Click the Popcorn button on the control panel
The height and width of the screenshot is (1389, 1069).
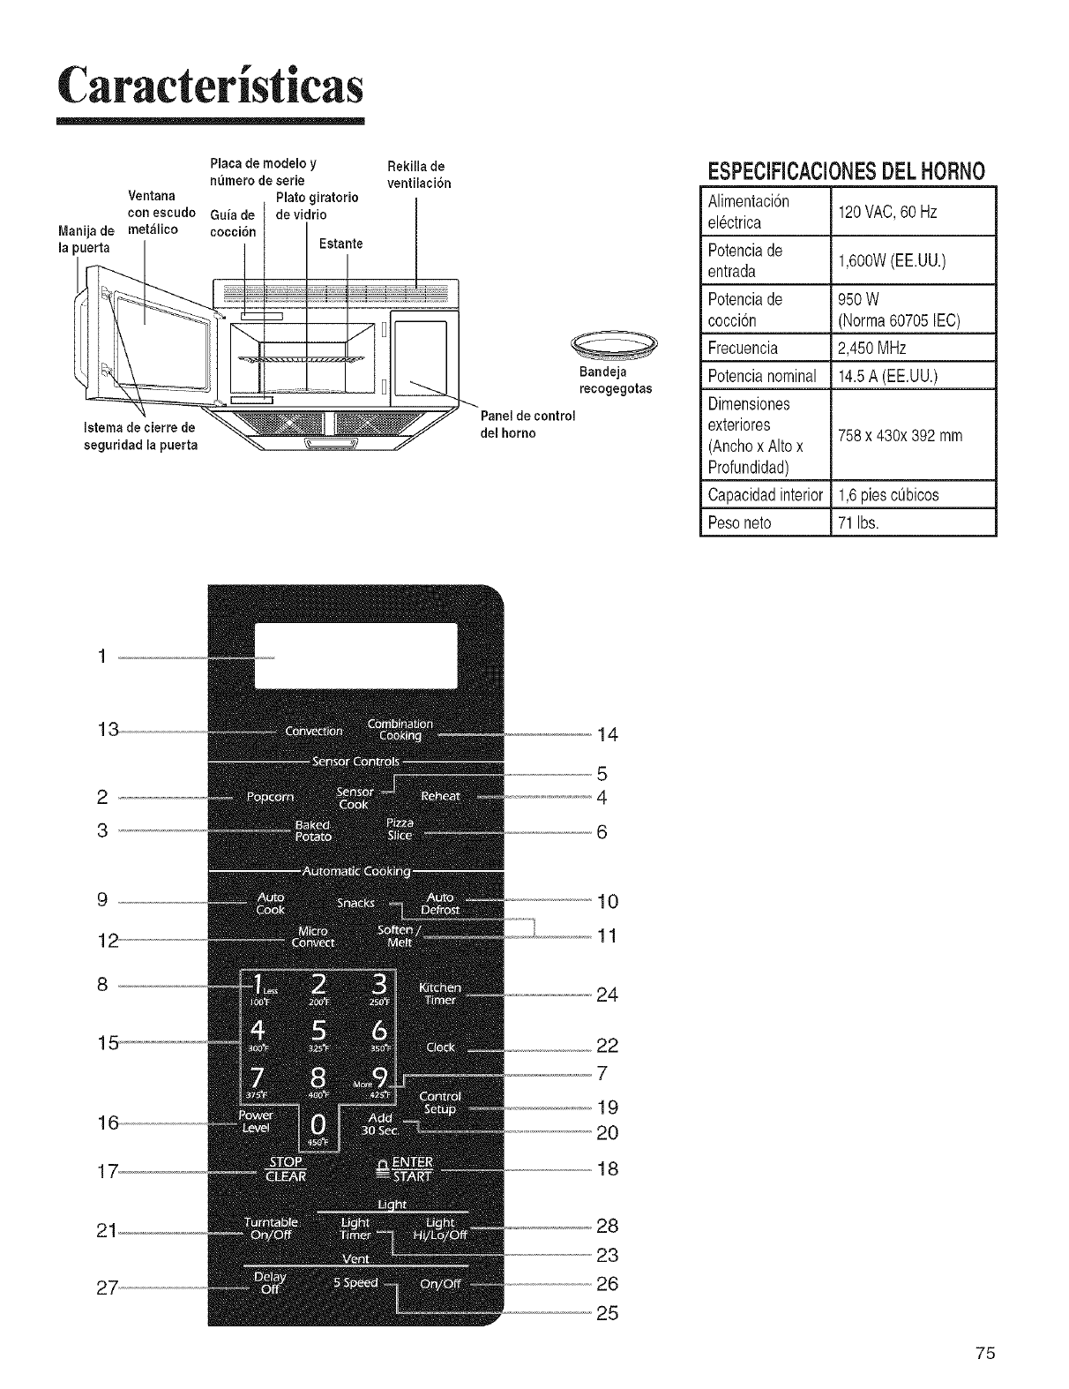point(269,797)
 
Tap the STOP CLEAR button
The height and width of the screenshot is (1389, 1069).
point(286,1168)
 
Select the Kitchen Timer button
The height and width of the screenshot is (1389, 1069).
point(439,993)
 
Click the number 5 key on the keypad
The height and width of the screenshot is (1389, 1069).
point(318,1032)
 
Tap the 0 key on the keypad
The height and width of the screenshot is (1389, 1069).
point(318,1125)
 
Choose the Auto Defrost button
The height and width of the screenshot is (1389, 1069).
point(439,904)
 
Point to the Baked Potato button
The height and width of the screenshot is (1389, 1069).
point(313,830)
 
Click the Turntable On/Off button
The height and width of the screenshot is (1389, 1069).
point(271,1228)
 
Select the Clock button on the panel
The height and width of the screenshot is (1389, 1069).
point(440,1047)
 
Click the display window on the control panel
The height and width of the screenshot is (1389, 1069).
point(355,655)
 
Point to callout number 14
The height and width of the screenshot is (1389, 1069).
point(608,734)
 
